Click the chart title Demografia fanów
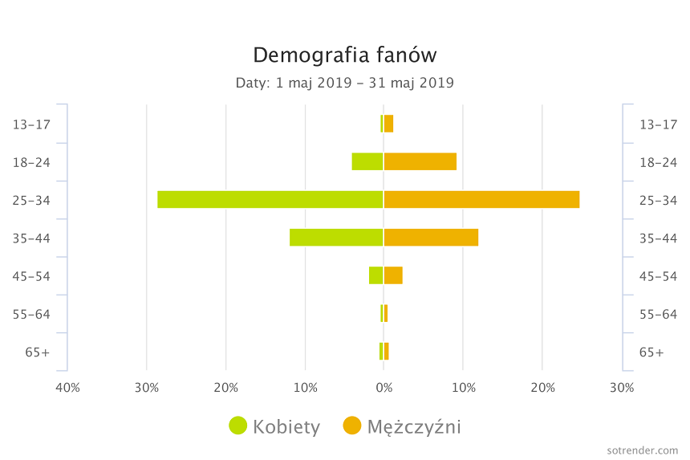coord(345,55)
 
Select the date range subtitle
coord(345,83)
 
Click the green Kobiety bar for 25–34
coord(270,199)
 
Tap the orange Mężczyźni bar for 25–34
coord(481,199)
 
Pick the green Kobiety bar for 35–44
coord(336,237)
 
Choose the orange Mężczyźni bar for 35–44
coord(431,237)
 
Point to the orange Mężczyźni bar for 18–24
coord(420,161)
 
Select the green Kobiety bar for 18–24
coord(367,161)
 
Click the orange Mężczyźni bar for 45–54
coord(393,275)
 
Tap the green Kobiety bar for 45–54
coord(376,275)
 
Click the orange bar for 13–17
coord(389,124)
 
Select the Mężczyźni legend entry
coord(402,426)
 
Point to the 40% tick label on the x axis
coord(67,388)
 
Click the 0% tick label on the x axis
coord(384,388)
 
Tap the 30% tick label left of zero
coord(147,388)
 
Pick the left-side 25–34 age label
coord(31,200)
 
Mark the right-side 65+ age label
coord(651,352)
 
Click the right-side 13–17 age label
coord(658,124)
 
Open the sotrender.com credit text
coord(643,450)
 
